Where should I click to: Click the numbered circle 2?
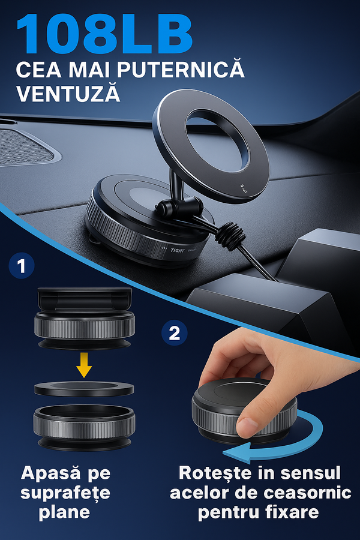[174, 333]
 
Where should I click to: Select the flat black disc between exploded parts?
[84, 389]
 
